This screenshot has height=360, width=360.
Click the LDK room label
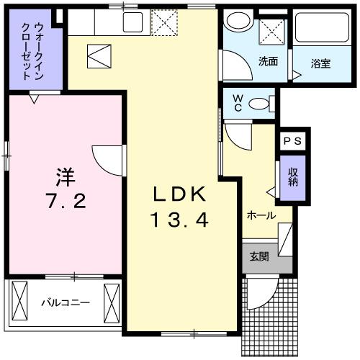(x=179, y=194)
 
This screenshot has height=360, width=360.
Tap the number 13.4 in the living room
(x=179, y=219)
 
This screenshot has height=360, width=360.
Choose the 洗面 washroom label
(x=268, y=61)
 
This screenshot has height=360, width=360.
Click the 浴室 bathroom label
(x=320, y=63)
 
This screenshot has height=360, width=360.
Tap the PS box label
(x=292, y=141)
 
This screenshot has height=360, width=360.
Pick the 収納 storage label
(x=293, y=177)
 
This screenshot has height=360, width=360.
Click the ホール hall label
(x=261, y=215)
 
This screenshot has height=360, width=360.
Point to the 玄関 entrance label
(x=259, y=256)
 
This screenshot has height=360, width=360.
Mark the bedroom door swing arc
(x=105, y=157)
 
